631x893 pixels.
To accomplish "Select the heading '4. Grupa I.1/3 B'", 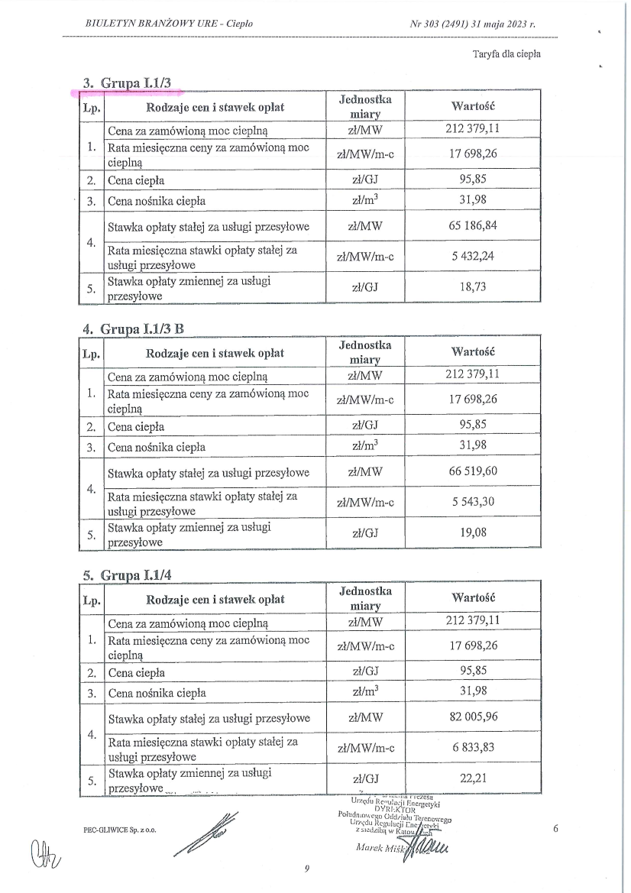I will click(x=134, y=328).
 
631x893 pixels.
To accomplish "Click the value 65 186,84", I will click(x=473, y=226).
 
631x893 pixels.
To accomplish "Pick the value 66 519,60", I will click(x=473, y=472).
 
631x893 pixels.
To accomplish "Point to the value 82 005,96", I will click(x=473, y=718).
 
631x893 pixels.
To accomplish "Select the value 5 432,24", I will click(x=473, y=257).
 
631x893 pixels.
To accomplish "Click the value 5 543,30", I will click(x=473, y=502).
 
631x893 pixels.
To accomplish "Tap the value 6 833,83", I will click(x=473, y=748).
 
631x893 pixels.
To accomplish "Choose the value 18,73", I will click(x=473, y=287).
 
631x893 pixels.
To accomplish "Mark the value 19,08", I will click(x=473, y=533).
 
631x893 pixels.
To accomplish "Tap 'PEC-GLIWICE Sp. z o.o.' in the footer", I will click(x=119, y=830).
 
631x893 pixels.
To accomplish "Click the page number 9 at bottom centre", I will click(x=306, y=868).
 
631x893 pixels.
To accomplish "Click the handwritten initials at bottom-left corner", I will click(x=44, y=849).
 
